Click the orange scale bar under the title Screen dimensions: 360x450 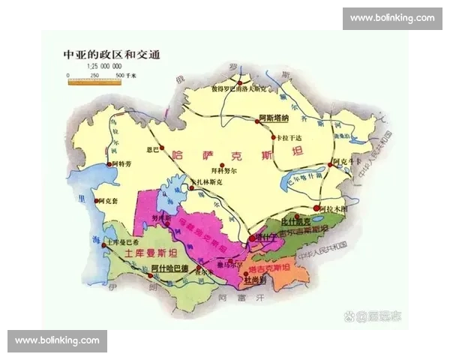click(97, 82)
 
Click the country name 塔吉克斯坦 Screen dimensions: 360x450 click(269, 268)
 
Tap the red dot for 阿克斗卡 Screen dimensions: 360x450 click(333, 160)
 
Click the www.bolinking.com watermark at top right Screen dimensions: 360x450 click(392, 18)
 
